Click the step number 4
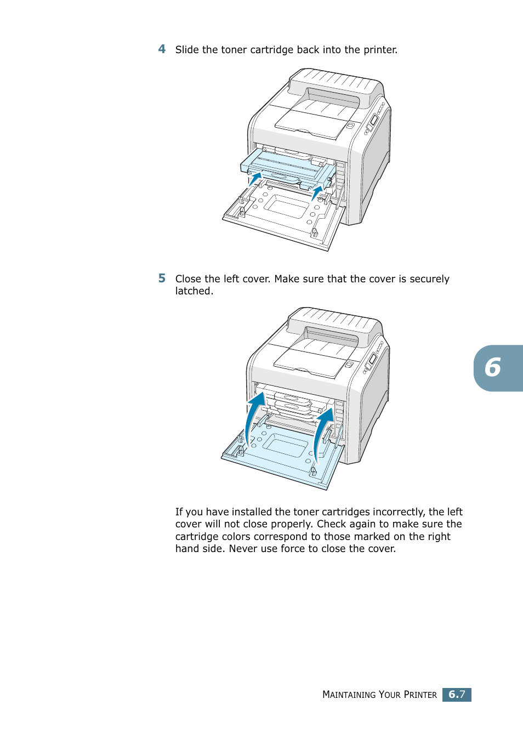point(162,49)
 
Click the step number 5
point(162,278)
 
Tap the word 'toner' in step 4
point(234,50)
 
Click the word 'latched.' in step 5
point(194,291)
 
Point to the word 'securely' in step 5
point(429,279)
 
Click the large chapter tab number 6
point(493,368)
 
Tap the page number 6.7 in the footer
point(457,695)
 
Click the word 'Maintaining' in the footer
point(349,695)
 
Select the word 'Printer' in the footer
point(420,695)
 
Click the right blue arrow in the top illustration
point(317,192)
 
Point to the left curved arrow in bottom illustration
point(253,417)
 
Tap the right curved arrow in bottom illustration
point(322,430)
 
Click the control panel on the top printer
point(372,122)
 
